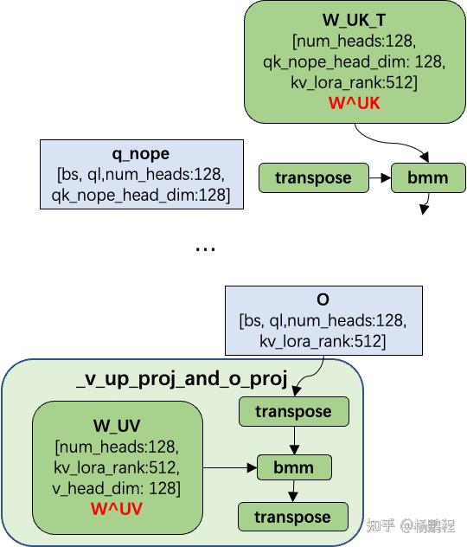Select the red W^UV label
[117, 507]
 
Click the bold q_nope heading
[140, 155]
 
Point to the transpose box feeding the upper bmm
[313, 178]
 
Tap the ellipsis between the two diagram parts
[205, 248]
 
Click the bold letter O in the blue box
[323, 300]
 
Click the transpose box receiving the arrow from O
[292, 412]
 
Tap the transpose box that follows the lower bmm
[292, 517]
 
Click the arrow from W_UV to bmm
[230, 468]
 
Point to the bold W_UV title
[117, 427]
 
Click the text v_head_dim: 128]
[117, 487]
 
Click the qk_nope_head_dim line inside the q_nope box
[140, 196]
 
